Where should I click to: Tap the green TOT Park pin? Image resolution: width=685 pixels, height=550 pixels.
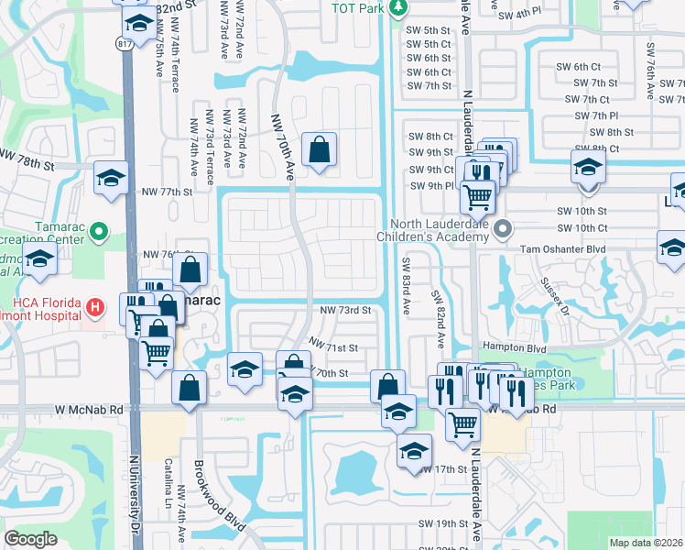(397, 8)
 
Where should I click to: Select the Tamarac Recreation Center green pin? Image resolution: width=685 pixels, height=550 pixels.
(101, 231)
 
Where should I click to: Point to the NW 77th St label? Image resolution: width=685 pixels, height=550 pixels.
(168, 192)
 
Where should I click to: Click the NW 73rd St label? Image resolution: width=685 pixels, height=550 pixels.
(345, 311)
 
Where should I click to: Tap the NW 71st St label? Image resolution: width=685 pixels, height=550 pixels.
(332, 346)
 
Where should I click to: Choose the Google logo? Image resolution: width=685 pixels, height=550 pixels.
(30, 539)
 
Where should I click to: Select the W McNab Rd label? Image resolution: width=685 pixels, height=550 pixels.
(89, 408)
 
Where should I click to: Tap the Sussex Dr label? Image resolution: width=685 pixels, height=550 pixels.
(554, 296)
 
